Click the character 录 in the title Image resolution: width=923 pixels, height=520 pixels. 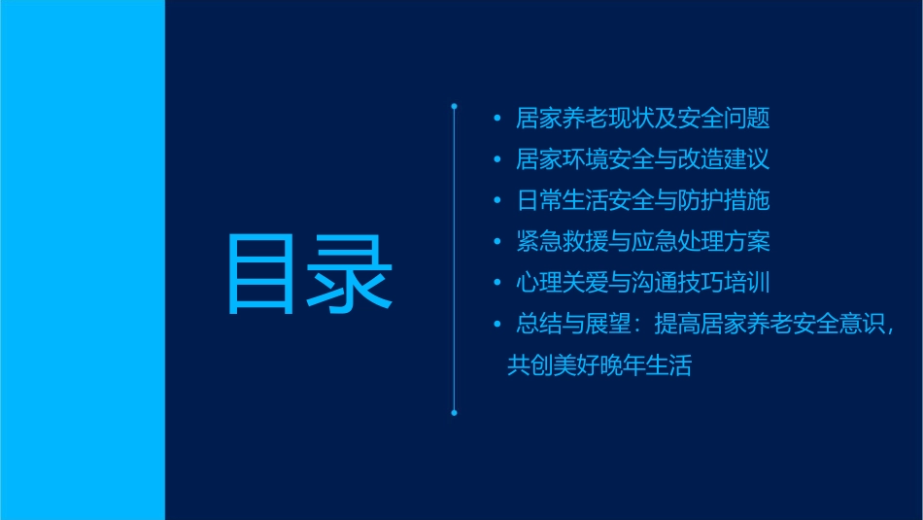[351, 274]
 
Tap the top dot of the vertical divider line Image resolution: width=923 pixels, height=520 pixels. [454, 104]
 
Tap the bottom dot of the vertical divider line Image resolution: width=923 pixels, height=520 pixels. [454, 412]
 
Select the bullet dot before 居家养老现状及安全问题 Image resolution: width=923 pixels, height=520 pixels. [497, 120]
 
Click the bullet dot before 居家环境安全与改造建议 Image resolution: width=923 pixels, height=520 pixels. [497, 160]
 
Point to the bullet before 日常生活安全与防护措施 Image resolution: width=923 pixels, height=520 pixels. [497, 201]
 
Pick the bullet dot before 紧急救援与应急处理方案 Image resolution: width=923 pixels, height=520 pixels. [497, 242]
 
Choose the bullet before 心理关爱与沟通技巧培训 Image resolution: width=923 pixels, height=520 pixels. [497, 283]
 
